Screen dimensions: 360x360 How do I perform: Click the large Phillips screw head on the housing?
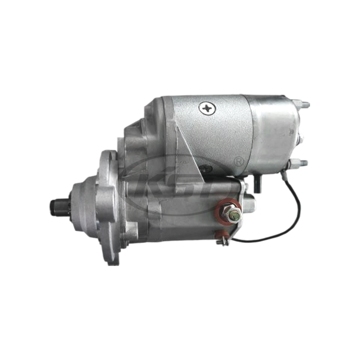click(207, 108)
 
